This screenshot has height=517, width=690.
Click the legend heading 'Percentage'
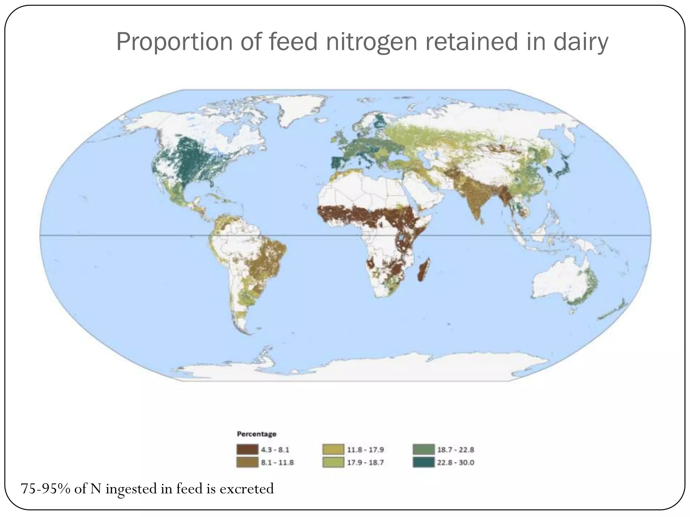pos(257,434)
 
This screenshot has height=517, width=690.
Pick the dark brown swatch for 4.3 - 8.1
pos(247,450)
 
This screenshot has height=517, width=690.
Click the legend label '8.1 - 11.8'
pos(277,463)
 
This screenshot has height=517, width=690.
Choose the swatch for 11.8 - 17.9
pos(333,450)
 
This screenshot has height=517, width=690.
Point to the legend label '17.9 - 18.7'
pos(366,463)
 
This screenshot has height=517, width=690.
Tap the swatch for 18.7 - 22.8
pos(423,450)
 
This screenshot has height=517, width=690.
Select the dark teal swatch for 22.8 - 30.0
pos(423,463)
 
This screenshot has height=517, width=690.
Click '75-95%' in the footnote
pos(45,489)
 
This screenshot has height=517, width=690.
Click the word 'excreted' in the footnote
pos(247,489)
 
